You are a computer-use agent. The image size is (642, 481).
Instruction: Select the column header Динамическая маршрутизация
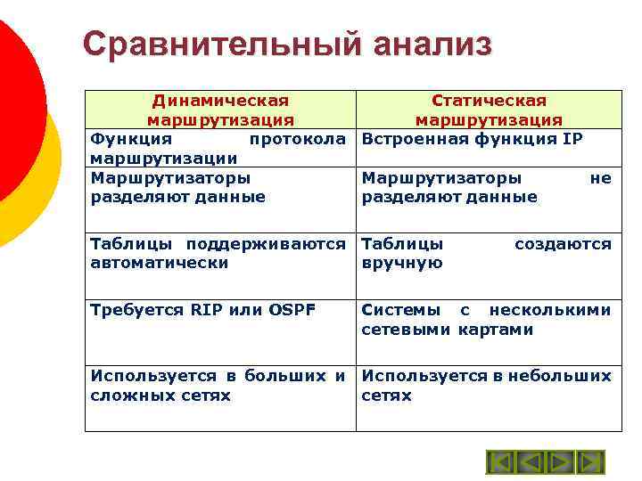[220, 110]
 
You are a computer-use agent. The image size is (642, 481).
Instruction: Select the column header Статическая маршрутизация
[489, 110]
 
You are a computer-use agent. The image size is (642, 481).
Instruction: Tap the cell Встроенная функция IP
[472, 139]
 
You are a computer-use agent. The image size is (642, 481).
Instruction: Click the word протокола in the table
[297, 139]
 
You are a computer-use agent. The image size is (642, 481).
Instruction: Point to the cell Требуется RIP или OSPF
[202, 310]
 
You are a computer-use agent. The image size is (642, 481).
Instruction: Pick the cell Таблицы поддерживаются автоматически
[218, 253]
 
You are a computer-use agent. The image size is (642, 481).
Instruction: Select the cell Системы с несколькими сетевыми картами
[487, 320]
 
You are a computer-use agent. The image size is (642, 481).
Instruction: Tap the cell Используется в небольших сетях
[487, 386]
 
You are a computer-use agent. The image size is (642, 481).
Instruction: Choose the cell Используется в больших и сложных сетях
[218, 386]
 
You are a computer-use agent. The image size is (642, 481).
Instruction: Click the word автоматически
[160, 263]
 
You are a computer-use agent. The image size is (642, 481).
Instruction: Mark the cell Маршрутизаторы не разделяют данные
[487, 187]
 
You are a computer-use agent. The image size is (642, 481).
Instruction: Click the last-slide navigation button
[590, 462]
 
